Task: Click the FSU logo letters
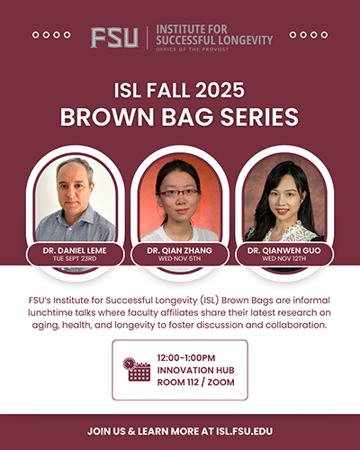pos(114,37)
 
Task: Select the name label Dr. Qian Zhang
pos(179,249)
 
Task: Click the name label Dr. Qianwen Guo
pos(284,249)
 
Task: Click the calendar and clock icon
pos(137,369)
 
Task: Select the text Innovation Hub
pos(198,369)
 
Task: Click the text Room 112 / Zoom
pos(199,382)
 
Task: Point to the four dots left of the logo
pos(51,36)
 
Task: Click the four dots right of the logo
pos(309,36)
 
